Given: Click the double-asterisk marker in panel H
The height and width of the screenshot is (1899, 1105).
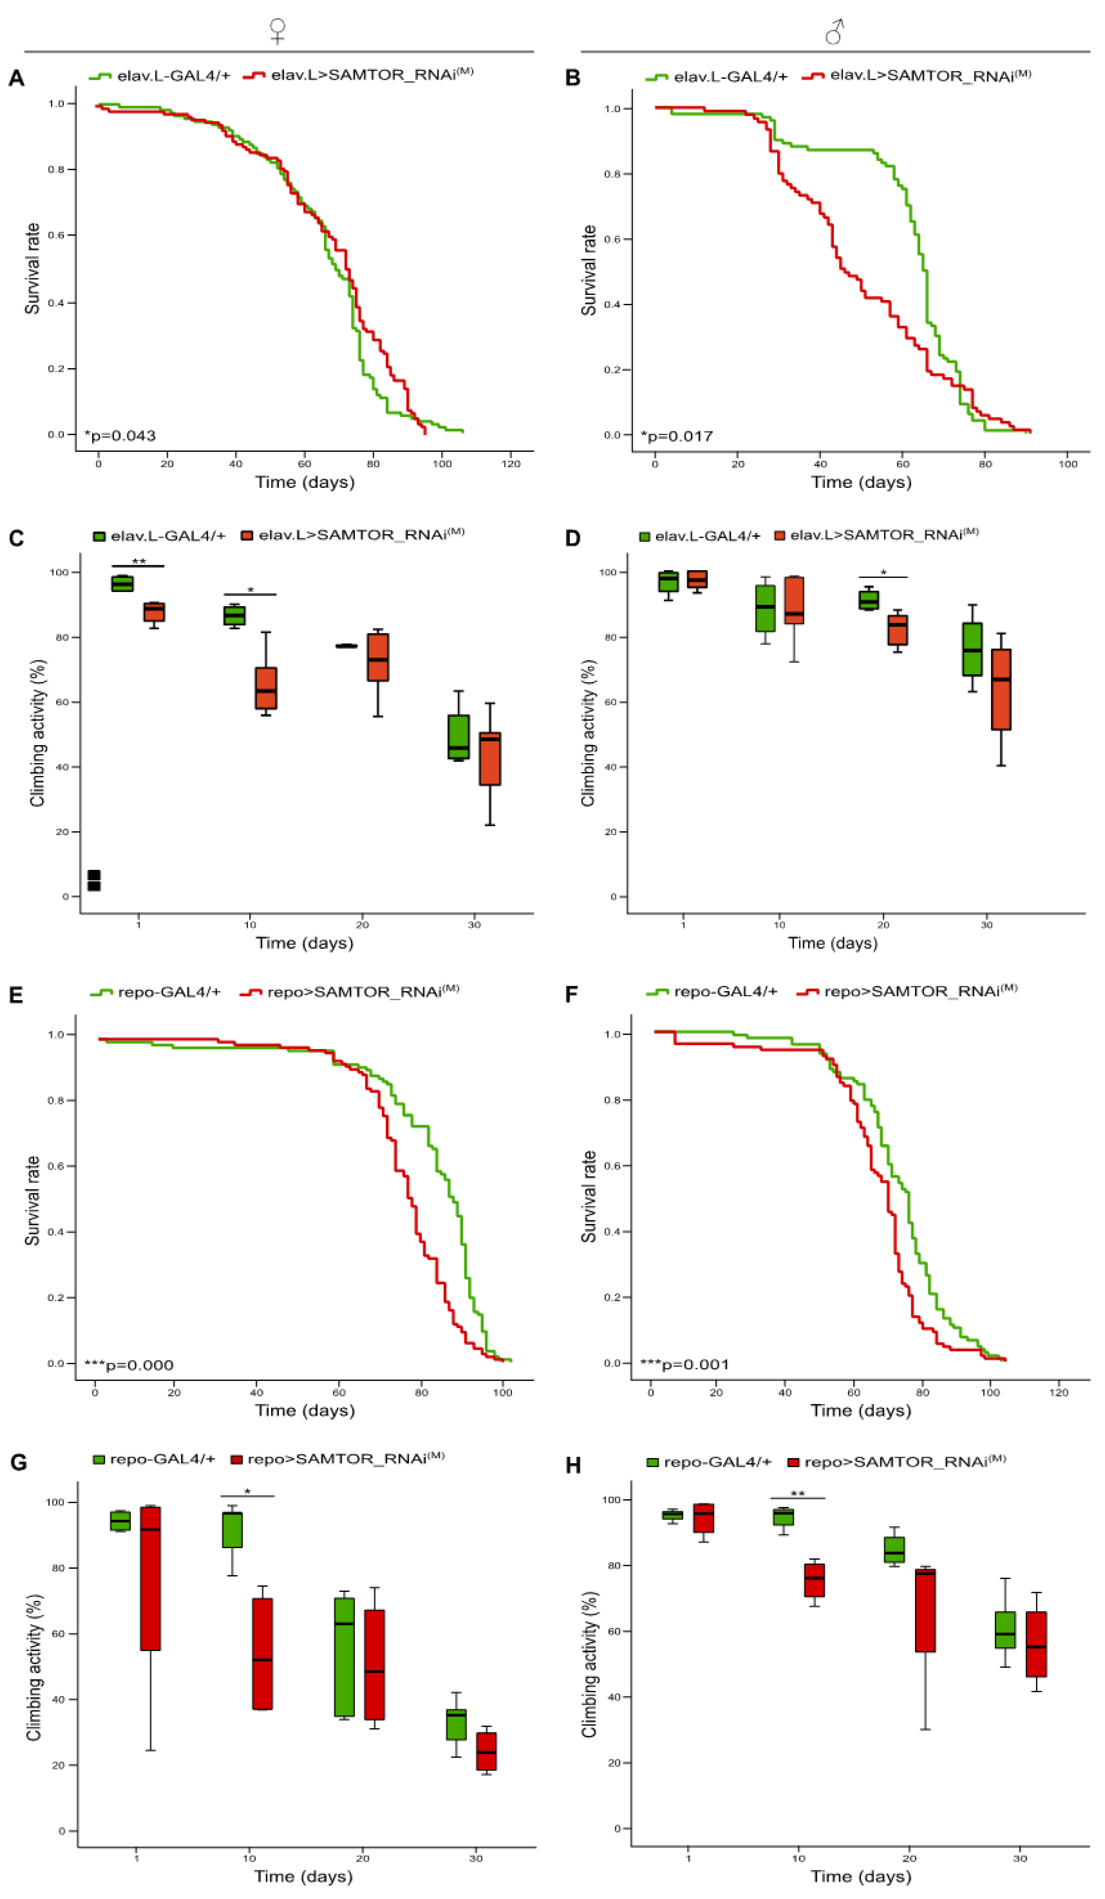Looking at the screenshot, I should tap(797, 1493).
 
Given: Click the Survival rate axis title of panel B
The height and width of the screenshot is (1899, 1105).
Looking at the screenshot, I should tap(589, 270).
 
